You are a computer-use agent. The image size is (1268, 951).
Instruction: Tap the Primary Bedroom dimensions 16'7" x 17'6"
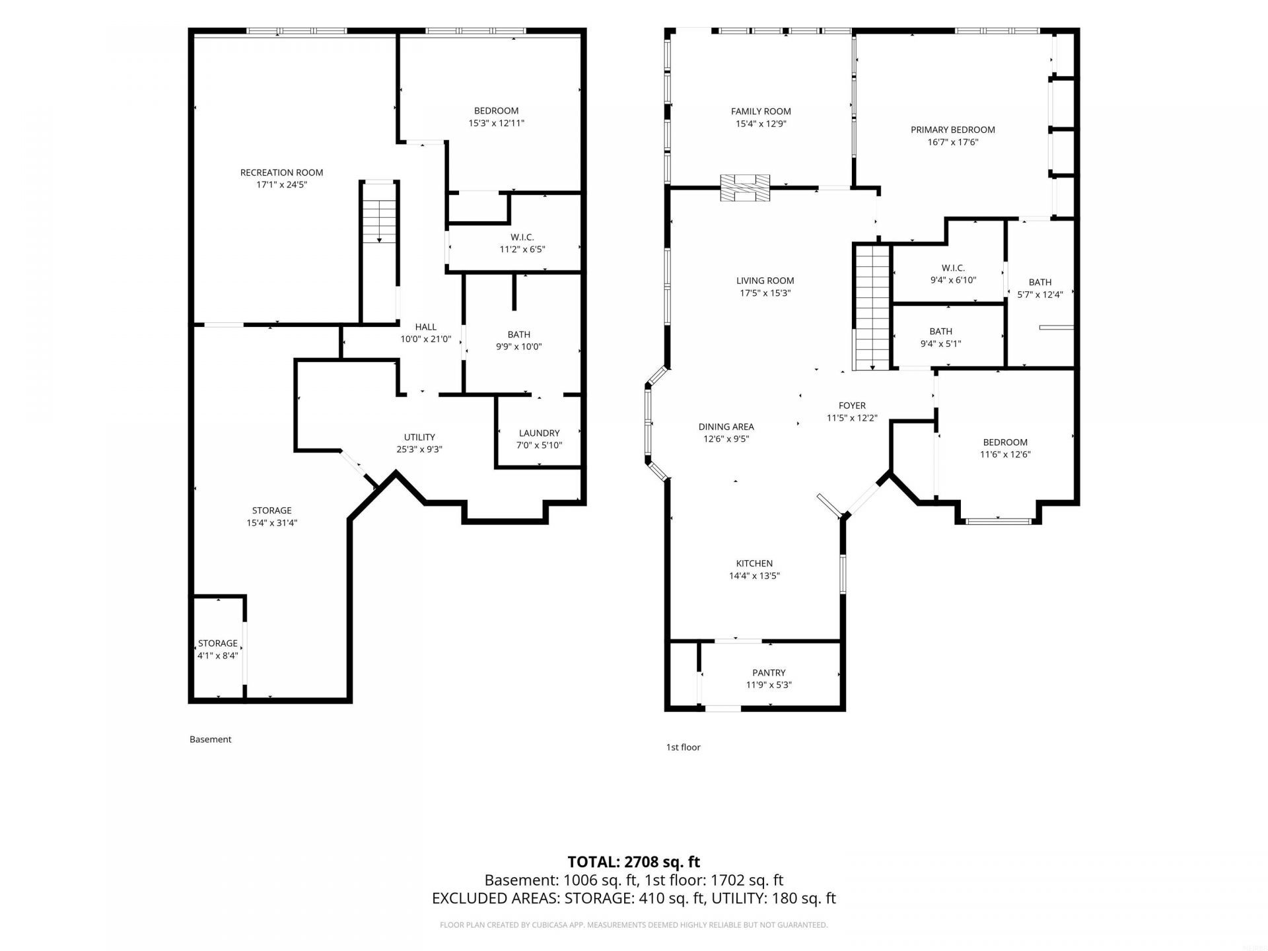(952, 142)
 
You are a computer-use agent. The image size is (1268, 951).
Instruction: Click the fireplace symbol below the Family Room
(745, 188)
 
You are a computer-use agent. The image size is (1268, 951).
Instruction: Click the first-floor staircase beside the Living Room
(872, 307)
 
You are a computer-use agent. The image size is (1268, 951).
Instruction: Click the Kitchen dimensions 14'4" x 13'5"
(754, 576)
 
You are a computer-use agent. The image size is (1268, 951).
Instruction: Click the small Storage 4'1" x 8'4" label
(217, 649)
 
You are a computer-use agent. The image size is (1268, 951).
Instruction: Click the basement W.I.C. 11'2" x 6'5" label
(522, 243)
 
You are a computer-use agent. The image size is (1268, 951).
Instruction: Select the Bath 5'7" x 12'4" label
(1040, 289)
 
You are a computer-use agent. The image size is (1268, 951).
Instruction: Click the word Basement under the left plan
(210, 739)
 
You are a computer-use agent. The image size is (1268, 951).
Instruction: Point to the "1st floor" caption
(683, 747)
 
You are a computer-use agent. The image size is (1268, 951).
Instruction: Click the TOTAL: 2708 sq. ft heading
(634, 862)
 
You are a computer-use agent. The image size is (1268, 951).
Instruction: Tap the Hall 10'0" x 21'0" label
(426, 333)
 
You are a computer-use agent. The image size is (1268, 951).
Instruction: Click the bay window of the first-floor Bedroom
(998, 522)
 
